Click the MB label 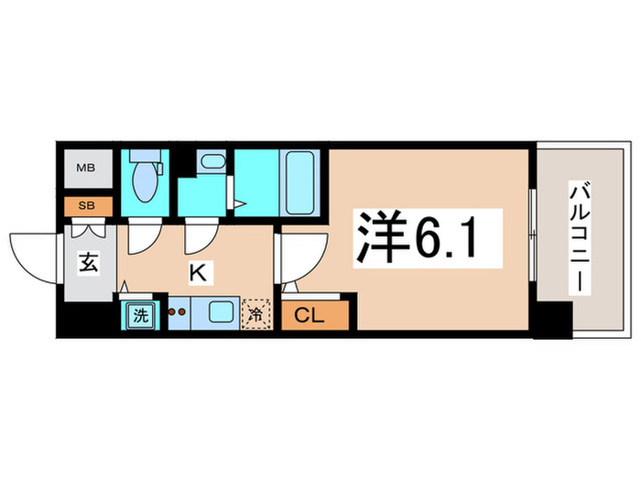tap(85, 169)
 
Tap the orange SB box tap(85, 205)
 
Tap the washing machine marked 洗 tap(140, 315)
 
